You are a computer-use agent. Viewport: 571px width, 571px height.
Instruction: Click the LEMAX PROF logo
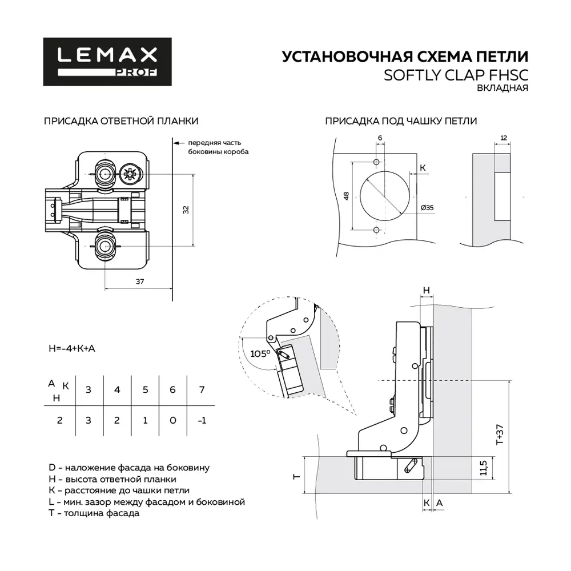[x=107, y=62]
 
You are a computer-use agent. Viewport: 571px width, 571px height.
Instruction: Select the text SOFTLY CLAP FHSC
[x=455, y=75]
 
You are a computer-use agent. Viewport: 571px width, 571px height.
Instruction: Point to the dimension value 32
[x=186, y=210]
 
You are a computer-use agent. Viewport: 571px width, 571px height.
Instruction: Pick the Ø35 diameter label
[x=427, y=208]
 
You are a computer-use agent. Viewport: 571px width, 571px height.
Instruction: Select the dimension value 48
[x=346, y=196]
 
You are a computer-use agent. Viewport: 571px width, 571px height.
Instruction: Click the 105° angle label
[x=260, y=353]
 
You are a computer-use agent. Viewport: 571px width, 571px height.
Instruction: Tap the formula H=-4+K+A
[x=72, y=348]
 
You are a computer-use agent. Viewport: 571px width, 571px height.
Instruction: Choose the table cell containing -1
[x=200, y=421]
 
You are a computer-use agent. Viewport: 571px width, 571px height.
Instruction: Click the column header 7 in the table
[x=200, y=389]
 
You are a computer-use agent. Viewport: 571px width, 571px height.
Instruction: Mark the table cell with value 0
[x=173, y=421]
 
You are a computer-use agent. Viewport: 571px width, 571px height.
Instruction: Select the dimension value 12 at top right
[x=503, y=138]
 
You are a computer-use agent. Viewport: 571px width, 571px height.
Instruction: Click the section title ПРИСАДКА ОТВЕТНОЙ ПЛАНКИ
[x=121, y=121]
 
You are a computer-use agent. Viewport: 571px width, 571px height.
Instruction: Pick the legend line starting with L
[x=147, y=502]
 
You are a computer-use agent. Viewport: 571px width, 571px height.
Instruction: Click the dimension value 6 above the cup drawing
[x=379, y=138]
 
